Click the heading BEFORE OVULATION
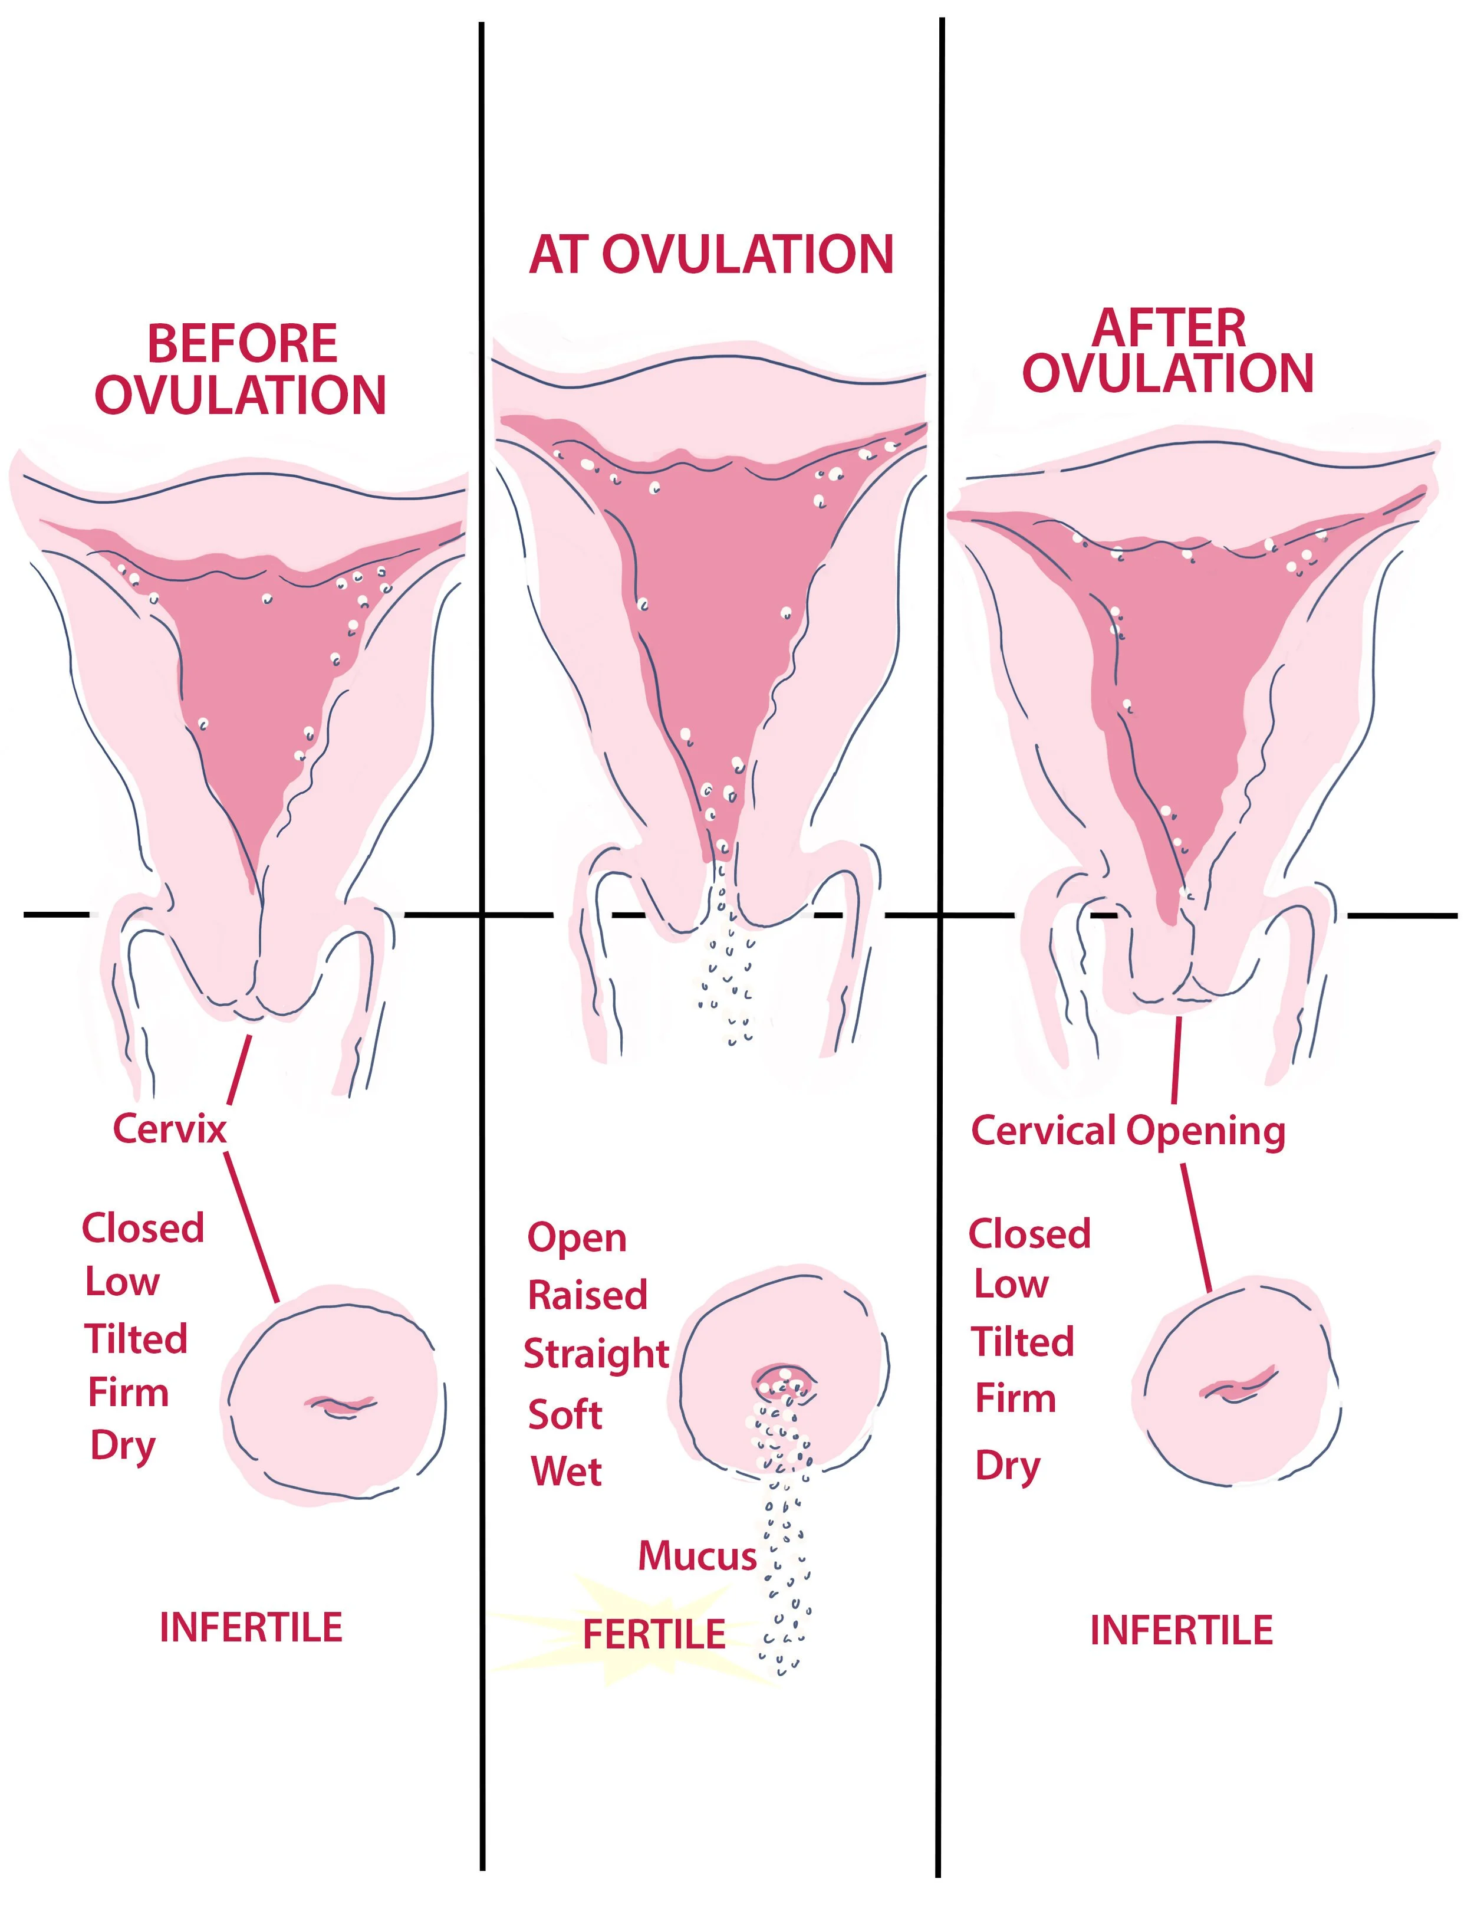click(x=241, y=369)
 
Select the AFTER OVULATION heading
click(x=1169, y=351)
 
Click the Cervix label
click(x=169, y=1129)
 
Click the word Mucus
click(x=697, y=1556)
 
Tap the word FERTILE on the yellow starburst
click(x=654, y=1634)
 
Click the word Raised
click(x=587, y=1295)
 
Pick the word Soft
click(x=565, y=1414)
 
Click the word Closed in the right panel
click(x=1029, y=1233)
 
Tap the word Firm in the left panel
click(x=129, y=1393)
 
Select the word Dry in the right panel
click(x=1007, y=1466)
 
